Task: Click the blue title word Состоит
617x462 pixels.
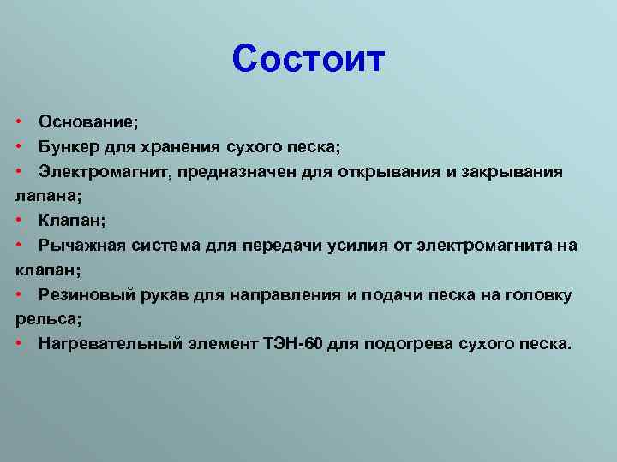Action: point(308,59)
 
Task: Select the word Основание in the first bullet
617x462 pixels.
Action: point(86,121)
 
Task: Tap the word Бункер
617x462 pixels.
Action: point(69,147)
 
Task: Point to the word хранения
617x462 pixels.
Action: point(180,148)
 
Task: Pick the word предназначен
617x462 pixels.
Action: point(237,173)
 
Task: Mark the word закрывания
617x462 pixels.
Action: point(512,173)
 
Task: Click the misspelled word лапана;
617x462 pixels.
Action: point(48,197)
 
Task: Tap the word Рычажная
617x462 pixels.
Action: point(82,246)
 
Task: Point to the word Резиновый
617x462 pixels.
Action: point(87,294)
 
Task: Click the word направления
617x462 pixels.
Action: point(285,295)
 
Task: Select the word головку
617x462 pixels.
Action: point(538,295)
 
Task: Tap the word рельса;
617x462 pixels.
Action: point(48,319)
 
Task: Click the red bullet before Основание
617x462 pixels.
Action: point(19,121)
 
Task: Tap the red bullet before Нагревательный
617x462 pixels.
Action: point(19,343)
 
